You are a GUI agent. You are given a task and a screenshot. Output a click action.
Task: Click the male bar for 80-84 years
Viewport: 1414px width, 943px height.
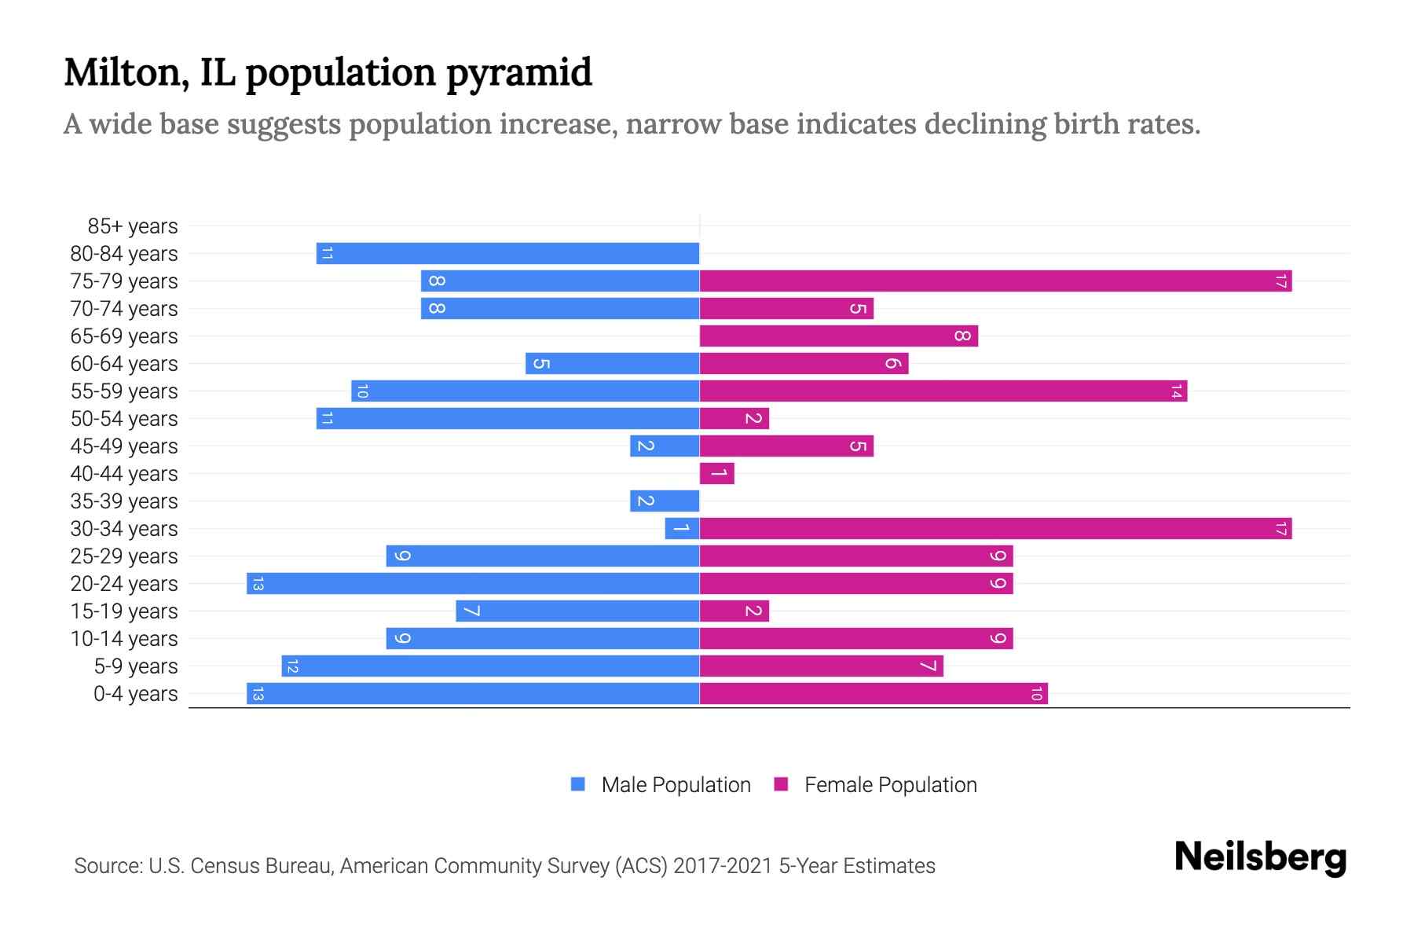click(507, 253)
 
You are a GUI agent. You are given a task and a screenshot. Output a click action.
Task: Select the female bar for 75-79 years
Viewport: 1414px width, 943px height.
click(995, 281)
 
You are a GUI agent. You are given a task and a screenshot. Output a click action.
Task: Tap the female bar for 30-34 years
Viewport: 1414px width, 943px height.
click(995, 528)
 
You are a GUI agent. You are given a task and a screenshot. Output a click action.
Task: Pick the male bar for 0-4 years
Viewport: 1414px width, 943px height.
click(473, 693)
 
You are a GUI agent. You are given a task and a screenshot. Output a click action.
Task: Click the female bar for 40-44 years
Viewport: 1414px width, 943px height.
click(716, 473)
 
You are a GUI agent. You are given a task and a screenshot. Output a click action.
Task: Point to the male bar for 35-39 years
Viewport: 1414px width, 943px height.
click(665, 501)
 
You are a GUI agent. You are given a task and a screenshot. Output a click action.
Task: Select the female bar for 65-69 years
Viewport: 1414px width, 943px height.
click(838, 336)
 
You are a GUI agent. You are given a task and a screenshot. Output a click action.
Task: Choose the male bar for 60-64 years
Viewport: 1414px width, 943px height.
click(613, 363)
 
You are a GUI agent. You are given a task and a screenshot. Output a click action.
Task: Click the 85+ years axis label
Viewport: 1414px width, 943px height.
click(132, 226)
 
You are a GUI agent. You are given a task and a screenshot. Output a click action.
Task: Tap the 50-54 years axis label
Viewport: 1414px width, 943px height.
click(124, 419)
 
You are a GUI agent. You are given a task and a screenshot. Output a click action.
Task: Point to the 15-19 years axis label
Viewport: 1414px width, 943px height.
click(124, 611)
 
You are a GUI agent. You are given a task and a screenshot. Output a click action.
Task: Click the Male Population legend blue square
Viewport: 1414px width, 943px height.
click(578, 784)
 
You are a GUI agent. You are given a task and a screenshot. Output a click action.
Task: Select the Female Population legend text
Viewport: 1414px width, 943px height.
click(890, 785)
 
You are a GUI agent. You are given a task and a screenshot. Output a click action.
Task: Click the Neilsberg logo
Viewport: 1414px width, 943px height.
click(1260, 857)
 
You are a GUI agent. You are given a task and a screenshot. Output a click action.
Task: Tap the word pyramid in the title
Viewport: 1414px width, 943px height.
click(519, 72)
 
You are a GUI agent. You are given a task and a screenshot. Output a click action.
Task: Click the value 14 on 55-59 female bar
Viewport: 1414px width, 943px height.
click(1176, 391)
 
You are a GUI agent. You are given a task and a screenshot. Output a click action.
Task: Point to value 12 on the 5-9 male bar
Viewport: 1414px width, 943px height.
click(292, 666)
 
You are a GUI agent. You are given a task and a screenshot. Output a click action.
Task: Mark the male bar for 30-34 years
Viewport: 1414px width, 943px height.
click(682, 528)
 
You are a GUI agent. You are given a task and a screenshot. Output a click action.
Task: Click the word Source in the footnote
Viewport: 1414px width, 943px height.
click(108, 866)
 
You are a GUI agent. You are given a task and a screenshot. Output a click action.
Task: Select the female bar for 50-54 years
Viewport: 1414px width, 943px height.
click(734, 418)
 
